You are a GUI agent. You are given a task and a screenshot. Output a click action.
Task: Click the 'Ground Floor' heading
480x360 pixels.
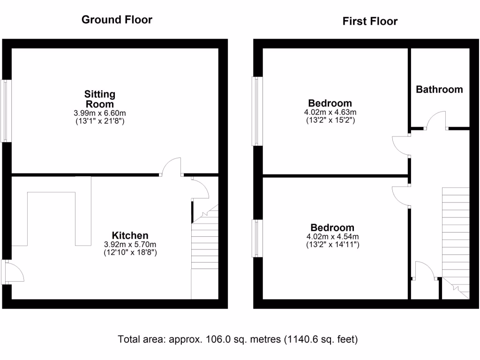pos(117,20)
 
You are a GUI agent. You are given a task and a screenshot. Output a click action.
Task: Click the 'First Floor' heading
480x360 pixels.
pos(370,21)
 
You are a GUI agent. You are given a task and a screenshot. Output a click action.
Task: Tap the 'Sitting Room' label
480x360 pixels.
pos(99,99)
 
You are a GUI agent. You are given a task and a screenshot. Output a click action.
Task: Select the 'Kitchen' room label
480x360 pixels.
pos(130,235)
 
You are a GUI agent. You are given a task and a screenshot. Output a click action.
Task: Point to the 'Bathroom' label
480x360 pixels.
pos(439,89)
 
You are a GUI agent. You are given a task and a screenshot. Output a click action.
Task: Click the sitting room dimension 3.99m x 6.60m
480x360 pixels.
pos(99,113)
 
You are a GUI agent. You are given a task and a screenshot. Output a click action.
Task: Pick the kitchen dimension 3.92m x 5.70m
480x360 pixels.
pos(130,244)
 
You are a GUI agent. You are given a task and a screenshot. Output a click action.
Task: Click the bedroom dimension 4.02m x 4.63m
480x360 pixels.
pos(330,112)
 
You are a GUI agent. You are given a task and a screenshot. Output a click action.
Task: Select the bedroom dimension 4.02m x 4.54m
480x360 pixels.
pos(330,236)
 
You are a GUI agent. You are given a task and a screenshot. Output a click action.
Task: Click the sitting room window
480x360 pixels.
pos(6,111)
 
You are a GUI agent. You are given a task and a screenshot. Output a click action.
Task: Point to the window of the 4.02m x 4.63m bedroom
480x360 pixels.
pos(256,111)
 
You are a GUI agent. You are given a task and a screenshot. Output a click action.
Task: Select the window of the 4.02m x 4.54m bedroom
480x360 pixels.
pos(256,239)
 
